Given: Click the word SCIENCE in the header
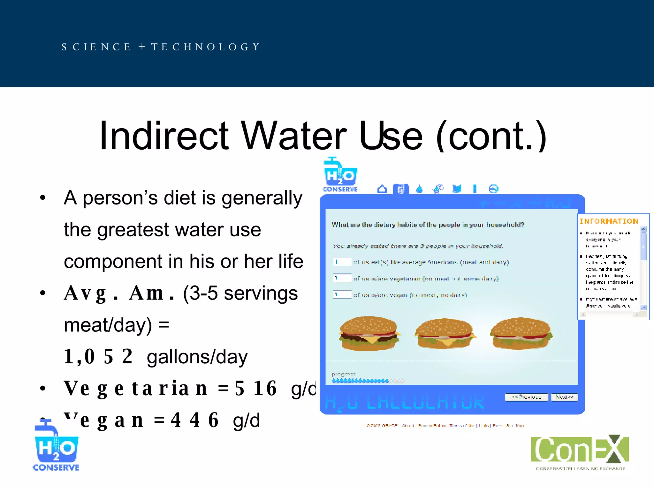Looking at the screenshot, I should point(96,47).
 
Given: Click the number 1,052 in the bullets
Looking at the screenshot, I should point(98,356).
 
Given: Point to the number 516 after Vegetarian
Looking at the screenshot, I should point(256,388).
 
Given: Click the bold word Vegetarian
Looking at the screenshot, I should point(136,388).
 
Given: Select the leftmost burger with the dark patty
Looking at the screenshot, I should point(369,333).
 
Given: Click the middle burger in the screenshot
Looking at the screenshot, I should point(445,333).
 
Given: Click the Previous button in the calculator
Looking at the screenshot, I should point(526,397).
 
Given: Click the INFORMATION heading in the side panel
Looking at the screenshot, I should point(609,221).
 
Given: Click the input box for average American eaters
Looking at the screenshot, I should point(342,262).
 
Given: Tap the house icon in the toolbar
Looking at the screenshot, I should point(382,189).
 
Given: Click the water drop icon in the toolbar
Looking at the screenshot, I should point(419,189).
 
